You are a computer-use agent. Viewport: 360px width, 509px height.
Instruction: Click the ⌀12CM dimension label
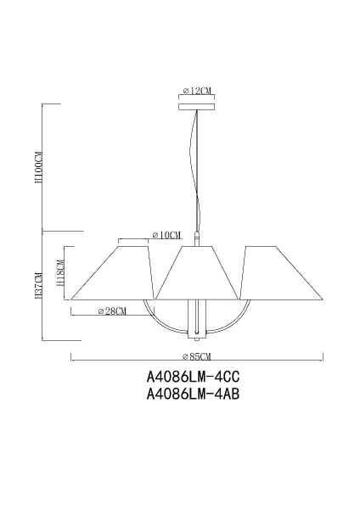[197, 91]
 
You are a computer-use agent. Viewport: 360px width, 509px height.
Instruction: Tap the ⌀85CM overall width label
[197, 356]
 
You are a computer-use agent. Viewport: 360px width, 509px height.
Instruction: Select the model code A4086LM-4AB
[188, 395]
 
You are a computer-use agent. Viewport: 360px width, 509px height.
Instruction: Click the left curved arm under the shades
[161, 321]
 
